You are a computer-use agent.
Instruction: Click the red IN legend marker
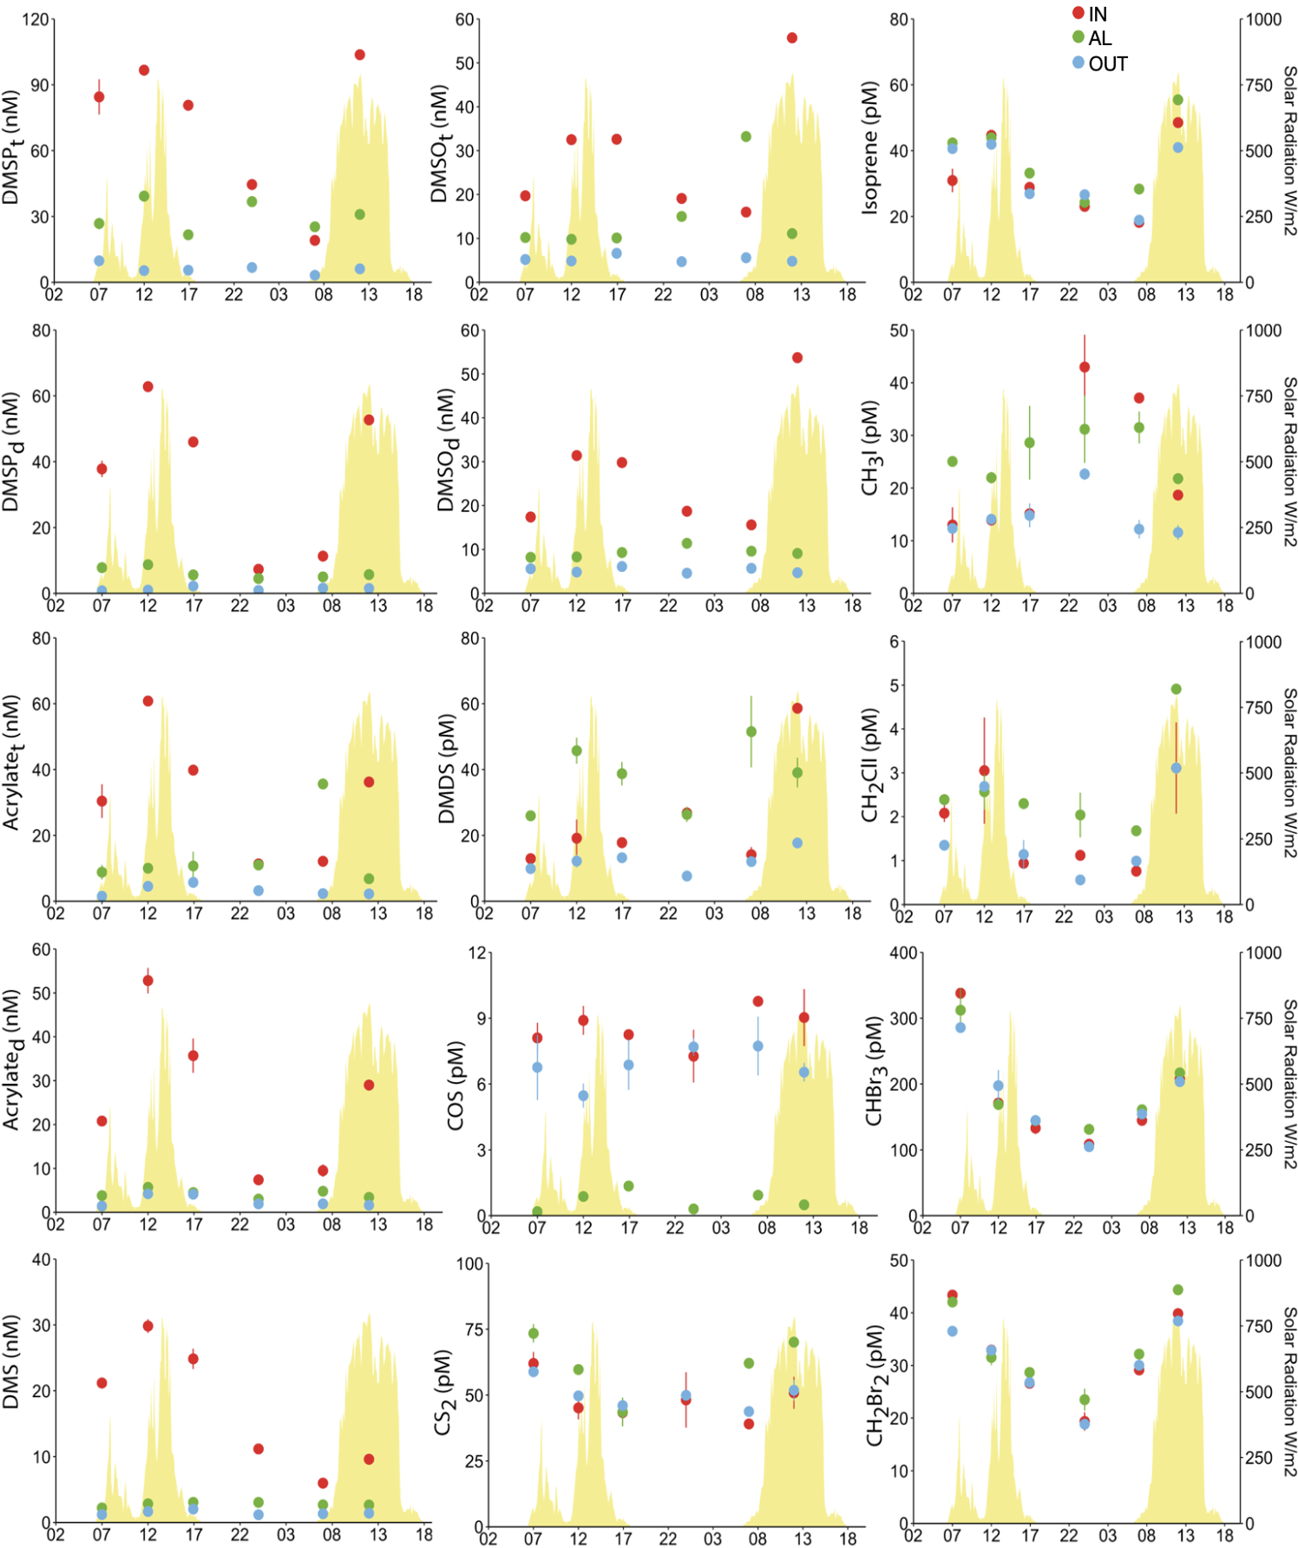point(1078,13)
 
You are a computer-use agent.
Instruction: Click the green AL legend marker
point(1078,37)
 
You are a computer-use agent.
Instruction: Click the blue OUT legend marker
point(1078,62)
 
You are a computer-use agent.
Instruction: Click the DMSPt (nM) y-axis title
point(11,148)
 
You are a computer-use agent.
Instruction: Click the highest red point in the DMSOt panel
point(791,37)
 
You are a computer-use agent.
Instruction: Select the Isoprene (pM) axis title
point(870,148)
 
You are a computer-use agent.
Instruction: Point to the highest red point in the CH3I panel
point(1084,367)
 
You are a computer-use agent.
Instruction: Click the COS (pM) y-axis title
point(455,1085)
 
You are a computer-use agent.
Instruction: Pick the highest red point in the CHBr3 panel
point(960,994)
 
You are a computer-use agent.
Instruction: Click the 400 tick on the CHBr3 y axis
point(903,953)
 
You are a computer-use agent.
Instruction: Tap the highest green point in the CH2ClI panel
point(1176,689)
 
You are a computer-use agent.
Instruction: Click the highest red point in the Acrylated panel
point(147,981)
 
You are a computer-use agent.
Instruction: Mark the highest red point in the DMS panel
point(147,1326)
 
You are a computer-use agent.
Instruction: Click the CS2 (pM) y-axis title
point(443,1393)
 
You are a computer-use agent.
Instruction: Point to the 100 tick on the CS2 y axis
point(469,1263)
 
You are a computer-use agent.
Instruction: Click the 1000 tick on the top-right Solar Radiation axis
point(1263,19)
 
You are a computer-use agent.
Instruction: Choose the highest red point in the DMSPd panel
point(147,387)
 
